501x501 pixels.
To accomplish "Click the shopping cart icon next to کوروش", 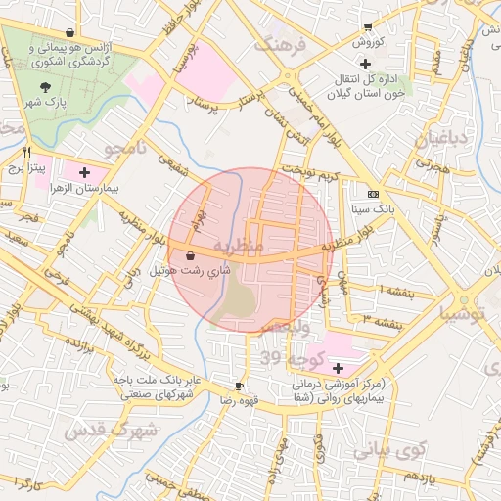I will coord(368,27).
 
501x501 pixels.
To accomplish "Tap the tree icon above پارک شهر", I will coord(46,86).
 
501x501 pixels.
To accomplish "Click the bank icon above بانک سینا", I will coord(372,194).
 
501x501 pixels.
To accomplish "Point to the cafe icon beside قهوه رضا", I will coord(239,387).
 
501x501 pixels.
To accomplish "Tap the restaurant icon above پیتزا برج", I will coord(26,152).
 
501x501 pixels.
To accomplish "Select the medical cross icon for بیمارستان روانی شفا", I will coord(339,368).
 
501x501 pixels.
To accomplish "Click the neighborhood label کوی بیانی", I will coord(389,451).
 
